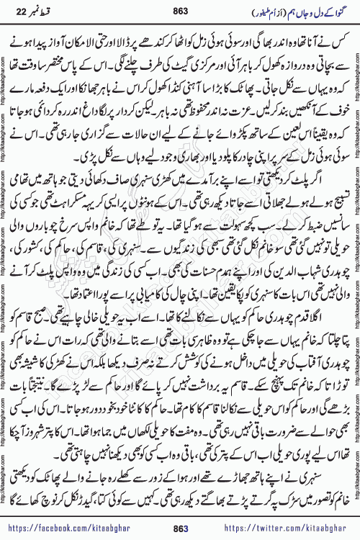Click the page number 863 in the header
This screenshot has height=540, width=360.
click(x=180, y=11)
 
